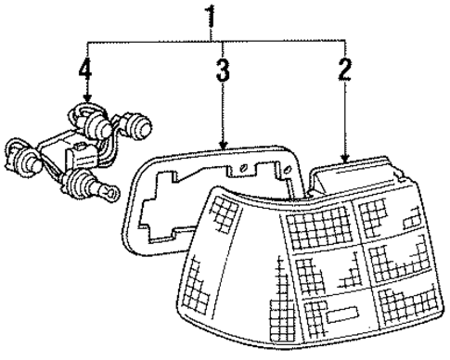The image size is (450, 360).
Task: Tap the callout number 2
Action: (x=345, y=71)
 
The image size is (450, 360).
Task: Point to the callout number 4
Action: (x=85, y=71)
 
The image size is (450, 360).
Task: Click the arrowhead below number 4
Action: (x=85, y=99)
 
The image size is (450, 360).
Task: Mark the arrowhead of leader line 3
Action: (x=223, y=144)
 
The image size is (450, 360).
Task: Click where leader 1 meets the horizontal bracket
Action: (x=215, y=42)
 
